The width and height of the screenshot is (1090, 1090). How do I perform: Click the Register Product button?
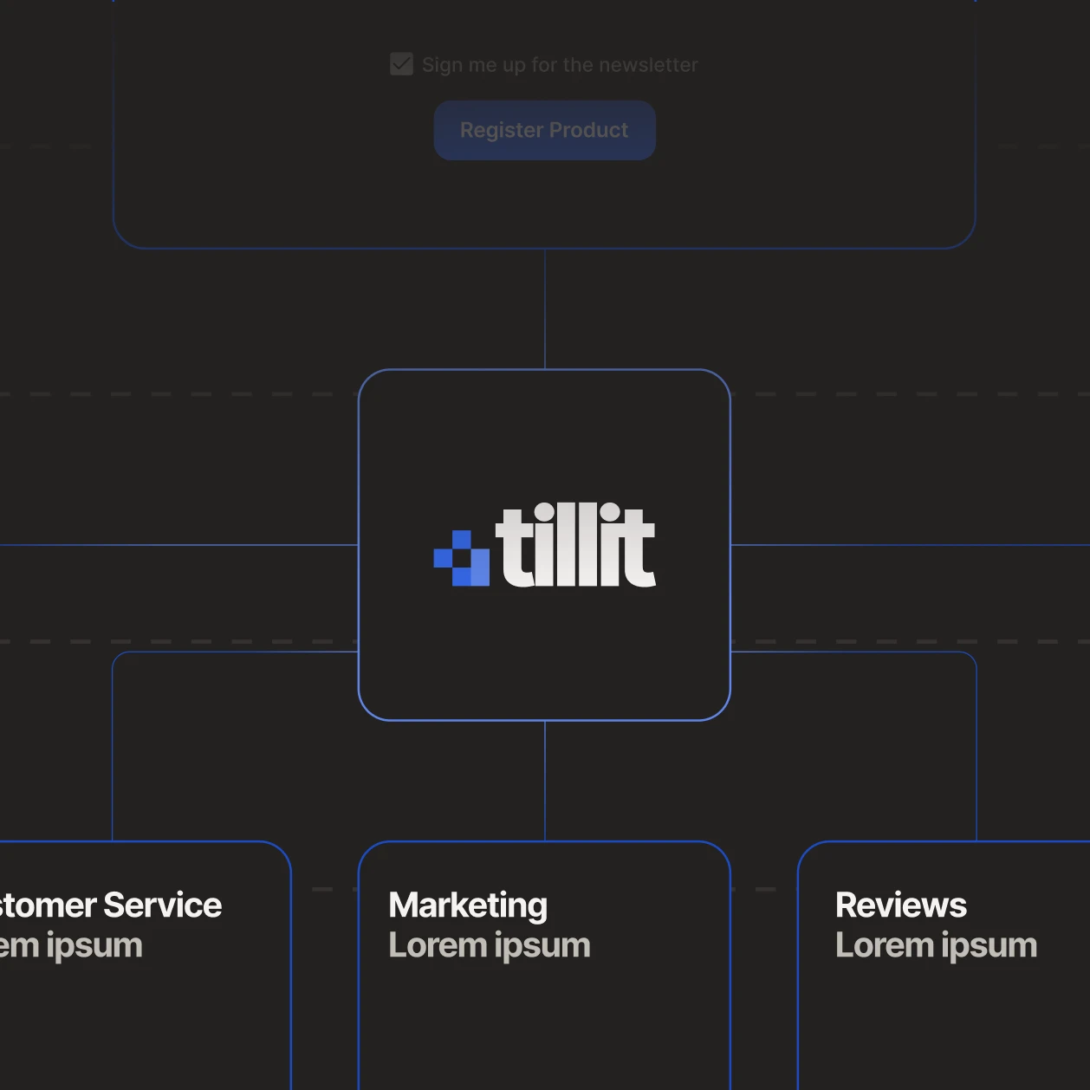coord(544,130)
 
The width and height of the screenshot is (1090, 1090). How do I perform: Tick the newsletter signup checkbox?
coord(401,64)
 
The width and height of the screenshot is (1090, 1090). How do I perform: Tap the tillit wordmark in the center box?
coord(575,546)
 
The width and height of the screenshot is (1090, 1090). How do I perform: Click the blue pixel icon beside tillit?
coord(462,558)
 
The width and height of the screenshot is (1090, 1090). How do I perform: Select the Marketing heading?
coord(468,905)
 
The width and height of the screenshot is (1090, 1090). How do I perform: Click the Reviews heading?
coord(900,905)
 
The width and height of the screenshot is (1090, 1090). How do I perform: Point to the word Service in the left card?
coord(163,905)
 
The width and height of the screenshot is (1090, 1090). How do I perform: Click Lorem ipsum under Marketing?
coord(490,945)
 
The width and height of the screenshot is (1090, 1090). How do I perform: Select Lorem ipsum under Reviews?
coord(936,945)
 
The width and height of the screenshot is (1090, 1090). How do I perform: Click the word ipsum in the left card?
coord(94,945)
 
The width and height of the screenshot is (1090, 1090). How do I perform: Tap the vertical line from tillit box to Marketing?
coord(545,781)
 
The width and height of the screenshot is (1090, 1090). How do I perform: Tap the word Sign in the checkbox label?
coord(442,65)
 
